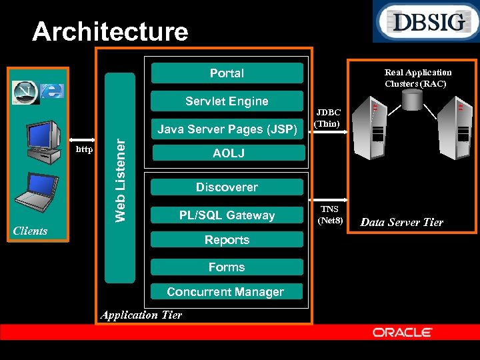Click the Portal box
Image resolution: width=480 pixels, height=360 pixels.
pos(227,73)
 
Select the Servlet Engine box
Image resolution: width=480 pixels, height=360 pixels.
pos(227,101)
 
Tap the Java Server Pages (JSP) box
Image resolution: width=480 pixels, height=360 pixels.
pos(227,129)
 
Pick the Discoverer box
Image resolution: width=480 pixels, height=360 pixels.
pos(227,187)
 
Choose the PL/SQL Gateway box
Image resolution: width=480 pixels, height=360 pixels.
pos(227,215)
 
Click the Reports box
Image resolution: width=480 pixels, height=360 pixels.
pos(227,240)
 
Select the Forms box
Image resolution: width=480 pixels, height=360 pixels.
pos(227,267)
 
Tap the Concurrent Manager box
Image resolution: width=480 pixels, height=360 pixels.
pos(225,292)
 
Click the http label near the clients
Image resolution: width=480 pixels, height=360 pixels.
pos(84,149)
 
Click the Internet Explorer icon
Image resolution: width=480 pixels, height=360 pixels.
pos(51,91)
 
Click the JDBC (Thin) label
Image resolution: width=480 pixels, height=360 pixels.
pos(328,118)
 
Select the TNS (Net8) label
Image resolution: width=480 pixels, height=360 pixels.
pos(329,214)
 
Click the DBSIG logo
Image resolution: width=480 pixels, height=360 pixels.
pos(425,22)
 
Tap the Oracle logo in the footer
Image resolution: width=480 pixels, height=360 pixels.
pos(403,332)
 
